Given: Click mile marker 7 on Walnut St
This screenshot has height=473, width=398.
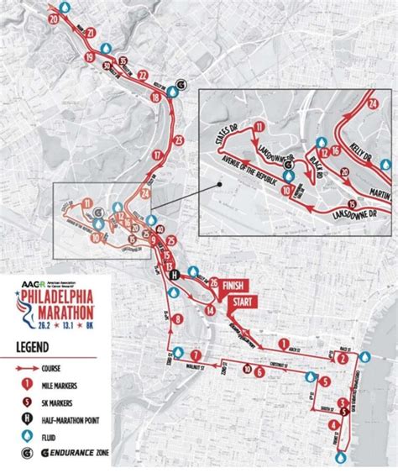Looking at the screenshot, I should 195,355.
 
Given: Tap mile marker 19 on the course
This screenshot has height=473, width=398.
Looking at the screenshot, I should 90,57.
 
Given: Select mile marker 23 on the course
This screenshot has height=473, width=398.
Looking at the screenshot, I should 177,139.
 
